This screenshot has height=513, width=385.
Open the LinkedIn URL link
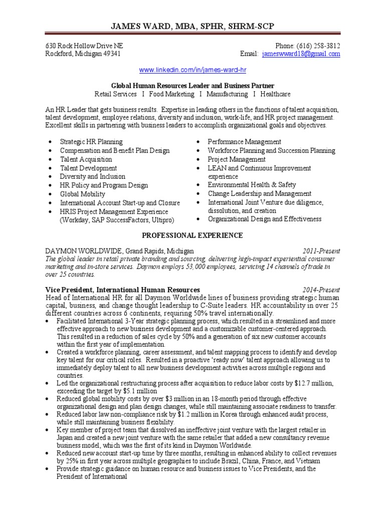click(192, 69)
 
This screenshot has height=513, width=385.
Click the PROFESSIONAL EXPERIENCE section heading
click(192, 235)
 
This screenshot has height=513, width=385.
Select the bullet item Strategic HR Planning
click(91, 142)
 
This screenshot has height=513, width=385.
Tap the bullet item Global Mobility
click(83, 194)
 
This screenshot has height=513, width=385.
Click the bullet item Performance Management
click(245, 142)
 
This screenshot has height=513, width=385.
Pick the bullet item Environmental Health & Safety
click(252, 185)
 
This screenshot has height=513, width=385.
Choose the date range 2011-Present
click(321, 250)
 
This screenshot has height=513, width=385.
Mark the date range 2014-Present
click(321, 290)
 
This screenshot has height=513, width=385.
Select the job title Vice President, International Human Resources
click(123, 290)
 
